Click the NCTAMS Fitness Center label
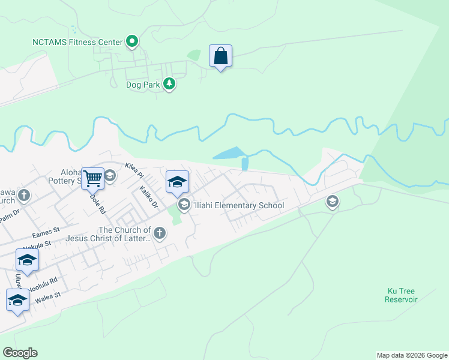(x=77, y=42)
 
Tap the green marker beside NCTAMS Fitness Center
(x=133, y=42)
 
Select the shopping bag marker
(x=220, y=56)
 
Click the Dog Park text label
(x=143, y=85)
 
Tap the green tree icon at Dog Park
(x=169, y=84)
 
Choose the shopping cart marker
(x=92, y=178)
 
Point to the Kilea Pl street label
(x=134, y=170)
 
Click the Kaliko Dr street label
(x=148, y=196)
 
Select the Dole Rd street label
(x=97, y=203)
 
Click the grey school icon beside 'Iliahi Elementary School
(x=184, y=205)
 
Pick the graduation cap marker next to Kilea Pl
(x=177, y=182)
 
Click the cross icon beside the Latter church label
(x=159, y=233)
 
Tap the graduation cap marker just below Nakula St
(x=27, y=260)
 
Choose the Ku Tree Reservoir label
(x=401, y=295)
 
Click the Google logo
(x=20, y=353)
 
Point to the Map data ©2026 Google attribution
(x=412, y=355)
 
